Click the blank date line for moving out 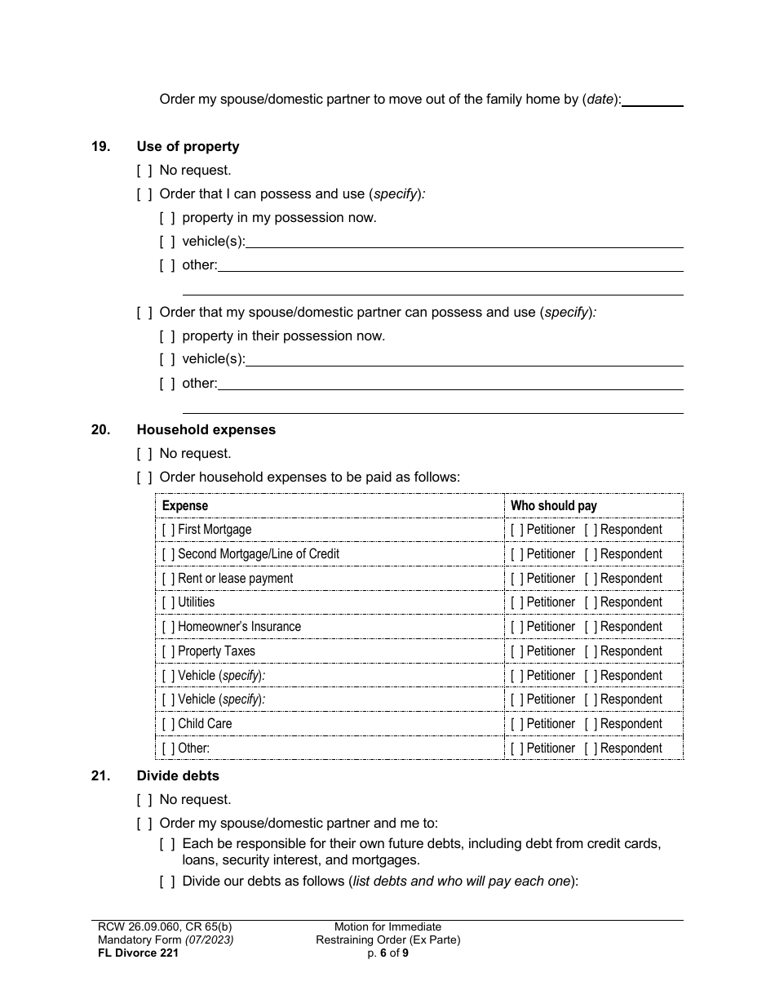coord(653,100)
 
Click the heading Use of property coord(188,147)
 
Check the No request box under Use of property coord(144,171)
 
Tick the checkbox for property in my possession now coord(167,218)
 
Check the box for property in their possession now coord(167,336)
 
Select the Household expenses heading coord(206,430)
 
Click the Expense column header coord(185,506)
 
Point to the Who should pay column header coord(553,506)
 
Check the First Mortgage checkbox coord(168,530)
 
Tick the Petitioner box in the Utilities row coord(517,602)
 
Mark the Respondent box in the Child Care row coord(591,724)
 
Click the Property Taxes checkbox coord(168,651)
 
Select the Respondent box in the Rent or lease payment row coord(591,579)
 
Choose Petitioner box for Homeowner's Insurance coord(517,627)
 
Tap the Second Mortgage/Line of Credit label coord(258,554)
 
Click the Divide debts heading coord(178,776)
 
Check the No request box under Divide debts coord(144,800)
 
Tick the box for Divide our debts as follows coord(167,882)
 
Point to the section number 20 coord(100,430)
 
